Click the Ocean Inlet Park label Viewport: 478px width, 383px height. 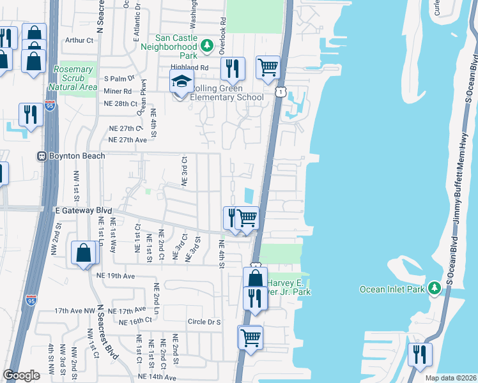(x=390, y=289)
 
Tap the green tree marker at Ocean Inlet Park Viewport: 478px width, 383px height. (x=435, y=289)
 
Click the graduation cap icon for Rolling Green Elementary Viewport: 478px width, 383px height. (x=181, y=82)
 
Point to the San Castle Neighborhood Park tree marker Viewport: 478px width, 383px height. (x=206, y=46)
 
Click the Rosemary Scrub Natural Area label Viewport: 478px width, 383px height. (x=73, y=78)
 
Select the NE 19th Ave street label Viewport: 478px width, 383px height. (x=116, y=276)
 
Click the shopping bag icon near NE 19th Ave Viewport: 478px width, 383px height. (x=84, y=253)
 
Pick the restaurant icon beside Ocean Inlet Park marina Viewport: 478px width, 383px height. (x=419, y=355)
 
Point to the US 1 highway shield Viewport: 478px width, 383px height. (x=281, y=93)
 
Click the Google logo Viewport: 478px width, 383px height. (x=21, y=375)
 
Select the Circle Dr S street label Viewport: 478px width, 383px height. (x=204, y=322)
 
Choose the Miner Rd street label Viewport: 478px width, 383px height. (x=118, y=91)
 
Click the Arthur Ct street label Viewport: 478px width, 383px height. (x=79, y=40)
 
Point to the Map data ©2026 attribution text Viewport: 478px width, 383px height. (x=450, y=378)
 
